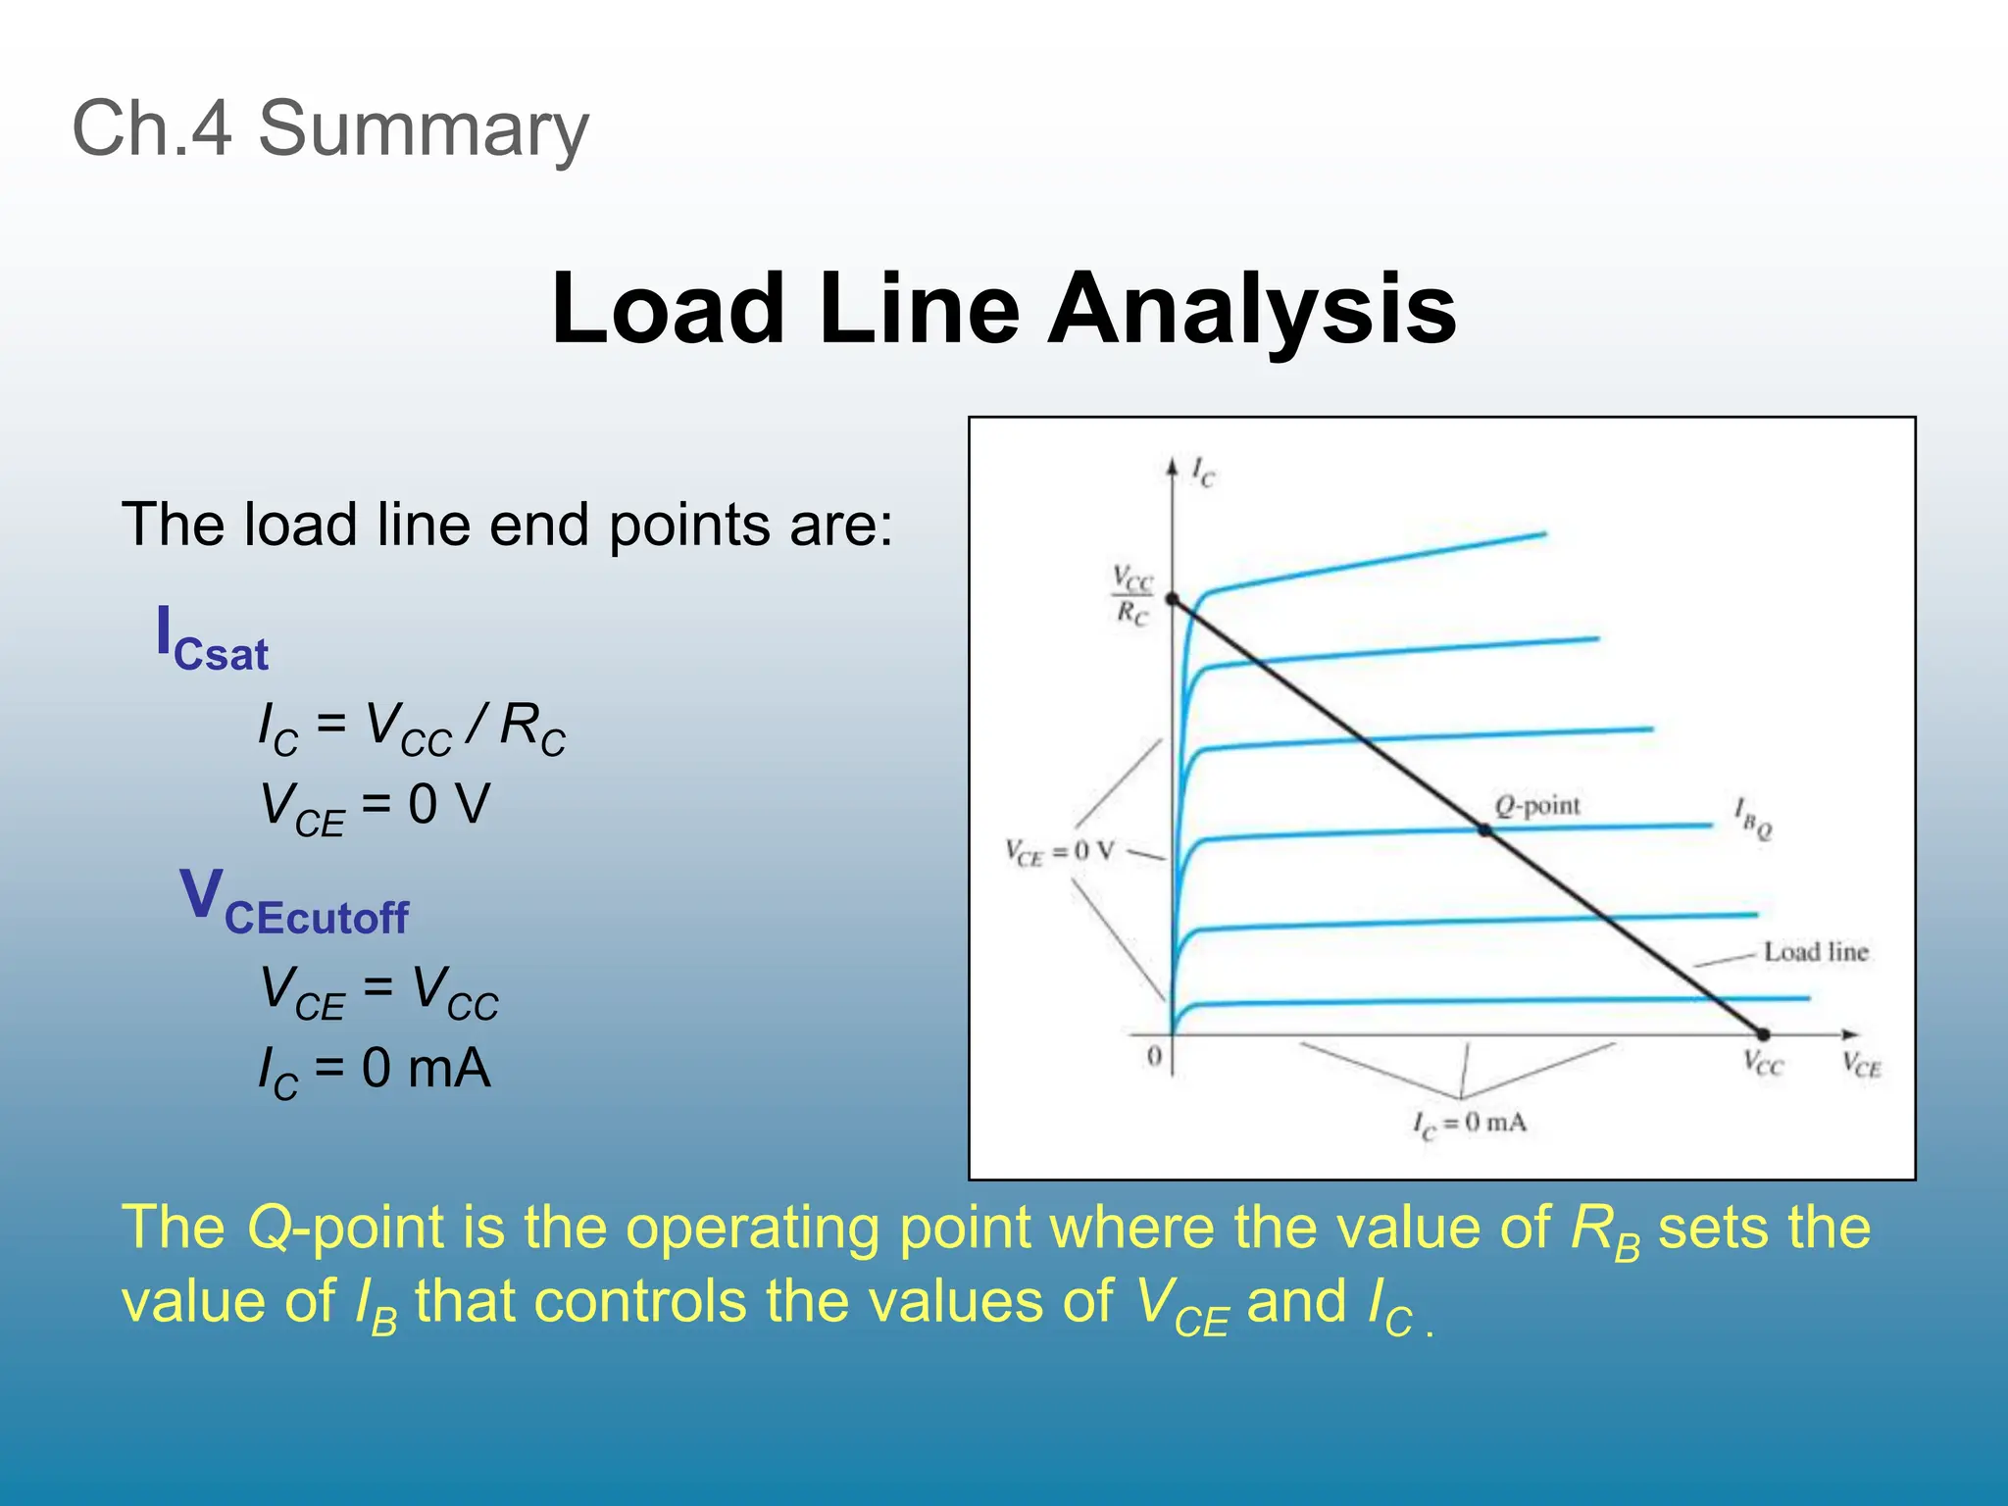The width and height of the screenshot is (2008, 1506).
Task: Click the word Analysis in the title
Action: click(1252, 309)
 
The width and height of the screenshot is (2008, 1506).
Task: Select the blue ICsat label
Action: click(212, 639)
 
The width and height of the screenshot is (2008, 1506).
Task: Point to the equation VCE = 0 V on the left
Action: click(374, 808)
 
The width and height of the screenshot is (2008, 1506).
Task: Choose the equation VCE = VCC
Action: click(378, 991)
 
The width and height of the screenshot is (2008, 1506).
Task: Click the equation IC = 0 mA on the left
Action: click(374, 1071)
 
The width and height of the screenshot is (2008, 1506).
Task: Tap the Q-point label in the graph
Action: click(1536, 806)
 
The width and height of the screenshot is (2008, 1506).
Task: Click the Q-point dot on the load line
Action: click(1484, 830)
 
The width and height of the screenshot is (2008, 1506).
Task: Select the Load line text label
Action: click(1815, 952)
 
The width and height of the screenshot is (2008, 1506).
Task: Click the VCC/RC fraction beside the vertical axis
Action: click(1131, 595)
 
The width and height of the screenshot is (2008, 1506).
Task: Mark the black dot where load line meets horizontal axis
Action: click(1762, 1034)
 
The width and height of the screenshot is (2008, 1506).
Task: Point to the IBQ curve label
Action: click(1752, 819)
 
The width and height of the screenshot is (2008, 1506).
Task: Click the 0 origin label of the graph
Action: click(1154, 1057)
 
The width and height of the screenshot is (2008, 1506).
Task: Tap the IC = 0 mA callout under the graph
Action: click(1469, 1124)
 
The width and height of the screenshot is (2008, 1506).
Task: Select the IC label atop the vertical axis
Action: click(1203, 473)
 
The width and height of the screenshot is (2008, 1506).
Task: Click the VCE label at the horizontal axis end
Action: click(1860, 1065)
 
